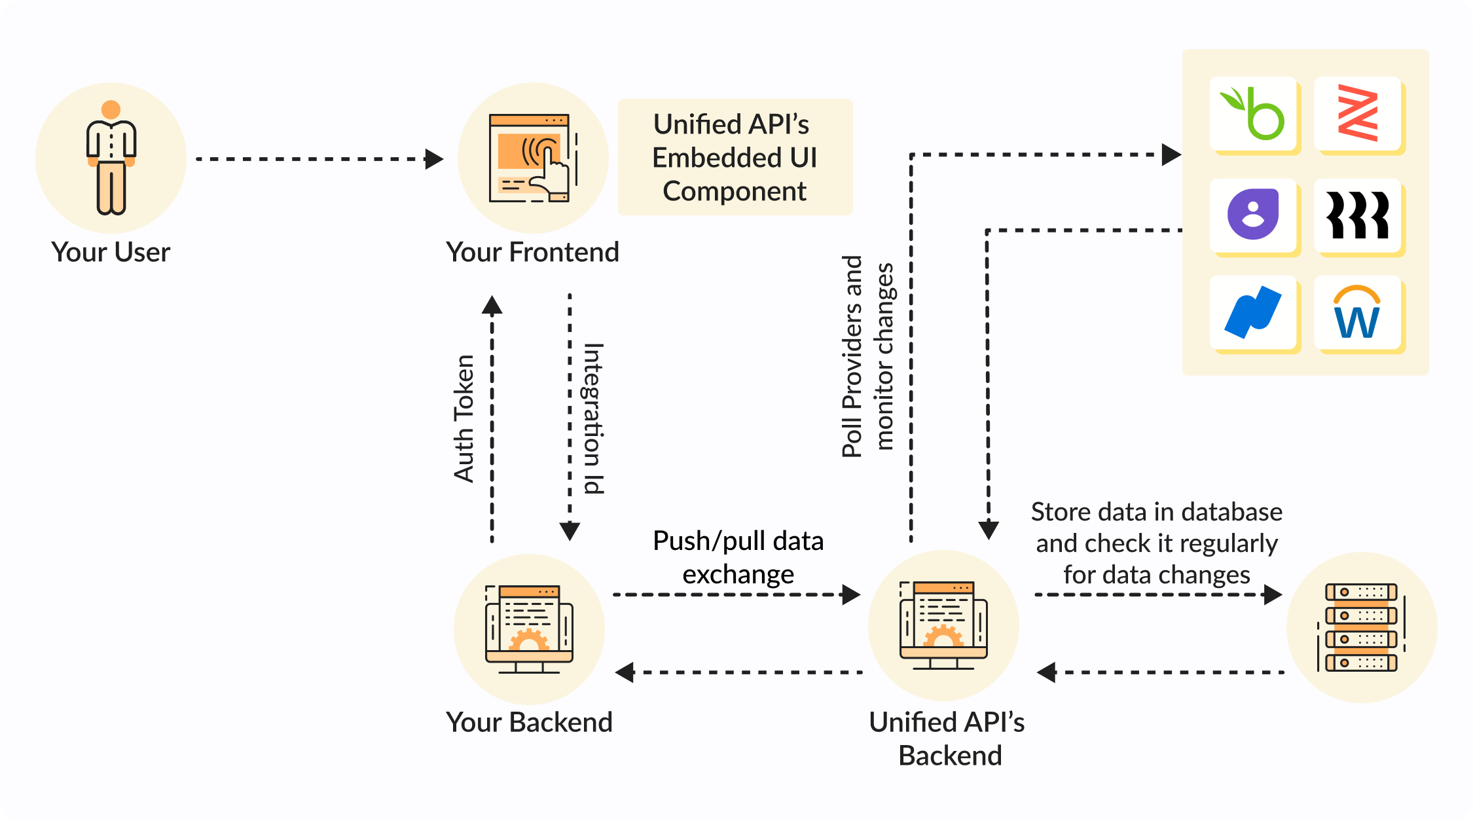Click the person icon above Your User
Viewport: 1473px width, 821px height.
pyautogui.click(x=111, y=158)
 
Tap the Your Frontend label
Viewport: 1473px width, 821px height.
pyautogui.click(x=532, y=253)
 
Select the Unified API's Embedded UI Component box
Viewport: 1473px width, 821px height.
pyautogui.click(x=735, y=158)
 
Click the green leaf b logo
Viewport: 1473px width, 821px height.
pyautogui.click(x=1253, y=114)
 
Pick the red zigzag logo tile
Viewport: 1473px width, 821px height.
pyautogui.click(x=1358, y=114)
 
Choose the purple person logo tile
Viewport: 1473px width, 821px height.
pyautogui.click(x=1253, y=215)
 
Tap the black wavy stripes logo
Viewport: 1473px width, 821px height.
pyautogui.click(x=1358, y=215)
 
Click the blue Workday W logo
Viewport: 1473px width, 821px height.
pyautogui.click(x=1358, y=313)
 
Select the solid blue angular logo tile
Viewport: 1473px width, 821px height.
pyautogui.click(x=1253, y=313)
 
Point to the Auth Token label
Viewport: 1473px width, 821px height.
pyautogui.click(x=464, y=419)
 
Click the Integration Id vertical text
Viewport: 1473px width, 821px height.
pyautogui.click(x=593, y=419)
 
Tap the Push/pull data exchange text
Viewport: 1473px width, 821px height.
pyautogui.click(x=738, y=558)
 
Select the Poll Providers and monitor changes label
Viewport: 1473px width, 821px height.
pyautogui.click(x=867, y=357)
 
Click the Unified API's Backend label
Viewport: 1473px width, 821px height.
pyautogui.click(x=947, y=739)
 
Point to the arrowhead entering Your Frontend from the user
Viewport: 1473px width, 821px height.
pyautogui.click(x=433, y=159)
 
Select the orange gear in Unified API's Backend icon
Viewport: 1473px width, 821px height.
pyautogui.click(x=943, y=636)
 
